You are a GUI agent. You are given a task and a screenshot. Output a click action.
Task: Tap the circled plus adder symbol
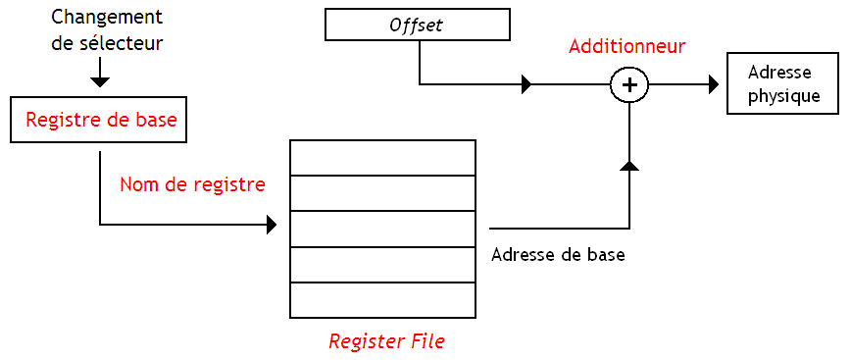(x=629, y=85)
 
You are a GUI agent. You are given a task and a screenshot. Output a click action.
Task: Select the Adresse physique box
(x=782, y=84)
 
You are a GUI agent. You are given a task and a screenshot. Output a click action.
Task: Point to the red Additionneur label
(x=626, y=46)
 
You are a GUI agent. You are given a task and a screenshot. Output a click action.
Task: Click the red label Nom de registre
(x=192, y=183)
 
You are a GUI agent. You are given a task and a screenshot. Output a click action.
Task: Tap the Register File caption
(x=385, y=341)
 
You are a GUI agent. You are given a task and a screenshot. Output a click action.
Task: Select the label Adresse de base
(x=557, y=254)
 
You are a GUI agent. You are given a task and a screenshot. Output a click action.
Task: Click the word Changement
(x=106, y=18)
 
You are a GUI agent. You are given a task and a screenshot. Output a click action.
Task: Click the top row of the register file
(x=382, y=157)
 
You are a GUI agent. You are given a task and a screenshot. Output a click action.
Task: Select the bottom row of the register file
(x=382, y=299)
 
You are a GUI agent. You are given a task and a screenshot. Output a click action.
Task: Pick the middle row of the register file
(x=382, y=229)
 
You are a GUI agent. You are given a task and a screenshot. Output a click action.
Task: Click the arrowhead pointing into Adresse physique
(x=714, y=85)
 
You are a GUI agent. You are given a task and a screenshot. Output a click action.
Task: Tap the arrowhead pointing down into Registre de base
(x=100, y=81)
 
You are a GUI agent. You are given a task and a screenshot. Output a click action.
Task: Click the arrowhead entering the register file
(x=272, y=226)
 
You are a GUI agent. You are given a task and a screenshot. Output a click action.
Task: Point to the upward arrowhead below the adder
(x=629, y=166)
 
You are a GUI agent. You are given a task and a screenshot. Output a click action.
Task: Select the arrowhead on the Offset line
(x=526, y=85)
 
